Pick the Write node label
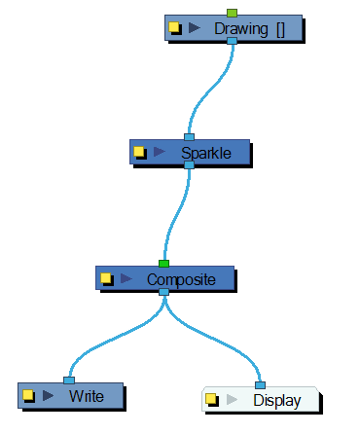pos(86,396)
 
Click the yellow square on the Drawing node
pos(175,28)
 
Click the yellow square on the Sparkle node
pos(139,153)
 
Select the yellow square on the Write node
pos(28,396)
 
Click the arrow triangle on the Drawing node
pos(195,28)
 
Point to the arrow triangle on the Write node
pos(48,396)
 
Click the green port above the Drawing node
pos(232,13)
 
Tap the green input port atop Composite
pos(163,264)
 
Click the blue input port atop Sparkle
pos(189,137)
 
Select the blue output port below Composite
pos(163,292)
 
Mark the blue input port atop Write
pos(68,380)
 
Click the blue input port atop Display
pos(260,384)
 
